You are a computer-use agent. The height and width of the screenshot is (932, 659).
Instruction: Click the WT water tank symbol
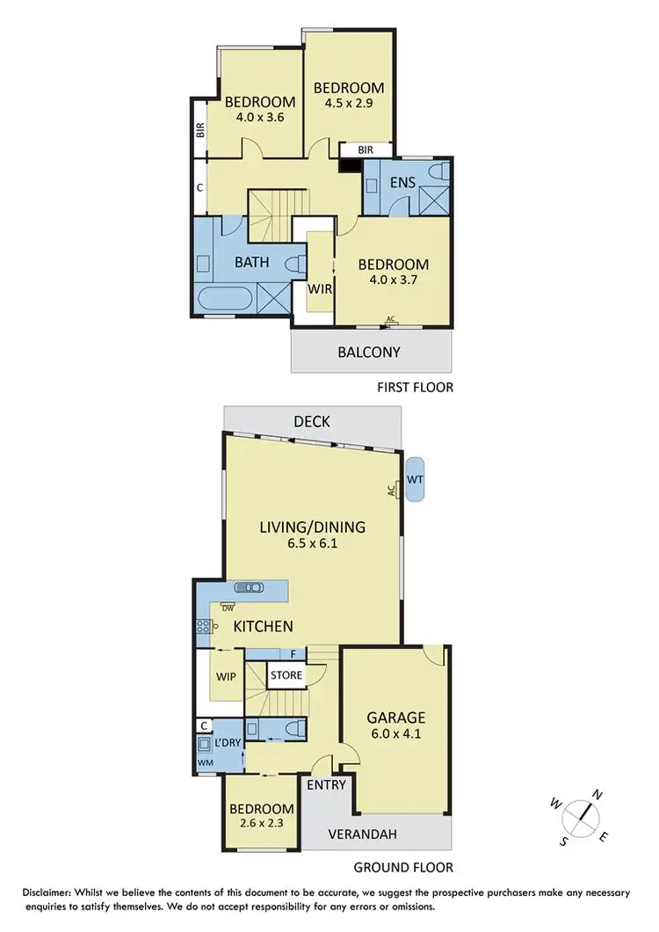[x=415, y=479]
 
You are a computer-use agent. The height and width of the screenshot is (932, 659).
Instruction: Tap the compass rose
[x=580, y=813]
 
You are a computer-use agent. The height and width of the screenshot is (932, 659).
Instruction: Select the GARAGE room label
[x=396, y=717]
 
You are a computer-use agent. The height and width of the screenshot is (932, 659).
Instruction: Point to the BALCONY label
[x=369, y=353]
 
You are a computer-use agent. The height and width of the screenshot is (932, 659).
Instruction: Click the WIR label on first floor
[x=319, y=288]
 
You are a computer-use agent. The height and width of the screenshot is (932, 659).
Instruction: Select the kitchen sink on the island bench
[x=248, y=587]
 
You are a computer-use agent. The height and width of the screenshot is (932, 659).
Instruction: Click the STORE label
[x=286, y=675]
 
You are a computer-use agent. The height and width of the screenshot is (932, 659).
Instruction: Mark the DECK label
[x=312, y=422]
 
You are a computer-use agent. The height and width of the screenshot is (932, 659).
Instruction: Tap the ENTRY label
[x=327, y=785]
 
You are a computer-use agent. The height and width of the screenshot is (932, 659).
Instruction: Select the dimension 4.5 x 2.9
[x=349, y=104]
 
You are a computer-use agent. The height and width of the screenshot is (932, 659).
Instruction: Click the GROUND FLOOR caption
[x=403, y=867]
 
